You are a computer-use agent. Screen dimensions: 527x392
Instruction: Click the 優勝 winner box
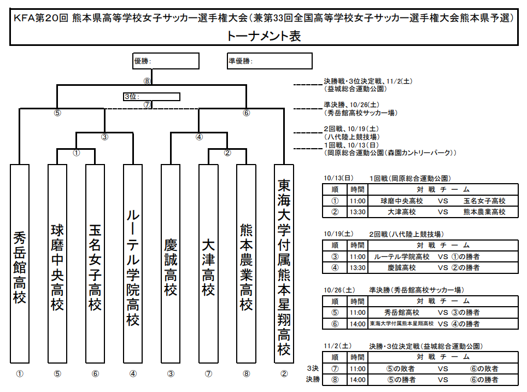166,61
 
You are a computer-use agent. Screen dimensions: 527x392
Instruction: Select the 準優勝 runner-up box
270,61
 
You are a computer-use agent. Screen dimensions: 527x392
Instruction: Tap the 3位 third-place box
151,97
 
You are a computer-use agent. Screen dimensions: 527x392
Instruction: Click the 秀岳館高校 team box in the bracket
20,264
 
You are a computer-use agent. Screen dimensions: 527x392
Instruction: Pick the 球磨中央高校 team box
57,264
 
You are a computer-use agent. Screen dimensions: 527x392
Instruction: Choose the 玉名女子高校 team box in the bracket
95,264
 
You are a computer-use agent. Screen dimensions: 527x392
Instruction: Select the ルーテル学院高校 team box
133,264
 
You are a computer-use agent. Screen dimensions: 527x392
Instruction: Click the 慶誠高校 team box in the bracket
171,264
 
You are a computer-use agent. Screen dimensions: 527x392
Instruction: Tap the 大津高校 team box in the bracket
208,264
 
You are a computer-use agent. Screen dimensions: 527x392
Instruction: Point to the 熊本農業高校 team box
246,264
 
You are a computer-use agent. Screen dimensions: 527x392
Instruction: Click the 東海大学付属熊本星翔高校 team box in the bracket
284,264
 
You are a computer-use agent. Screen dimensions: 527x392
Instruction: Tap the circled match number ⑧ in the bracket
147,81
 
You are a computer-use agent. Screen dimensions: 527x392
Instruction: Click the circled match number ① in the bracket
77,153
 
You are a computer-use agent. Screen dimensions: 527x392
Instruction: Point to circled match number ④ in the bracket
200,137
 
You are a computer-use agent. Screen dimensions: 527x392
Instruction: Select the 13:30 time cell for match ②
358,212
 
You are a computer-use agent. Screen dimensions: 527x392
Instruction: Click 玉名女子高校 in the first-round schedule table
484,201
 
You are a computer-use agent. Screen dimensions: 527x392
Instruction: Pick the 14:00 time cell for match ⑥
358,324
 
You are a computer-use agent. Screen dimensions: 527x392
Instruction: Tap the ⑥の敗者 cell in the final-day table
484,369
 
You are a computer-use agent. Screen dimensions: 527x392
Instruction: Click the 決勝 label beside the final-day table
313,379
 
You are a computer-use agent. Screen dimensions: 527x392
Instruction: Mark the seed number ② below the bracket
284,373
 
